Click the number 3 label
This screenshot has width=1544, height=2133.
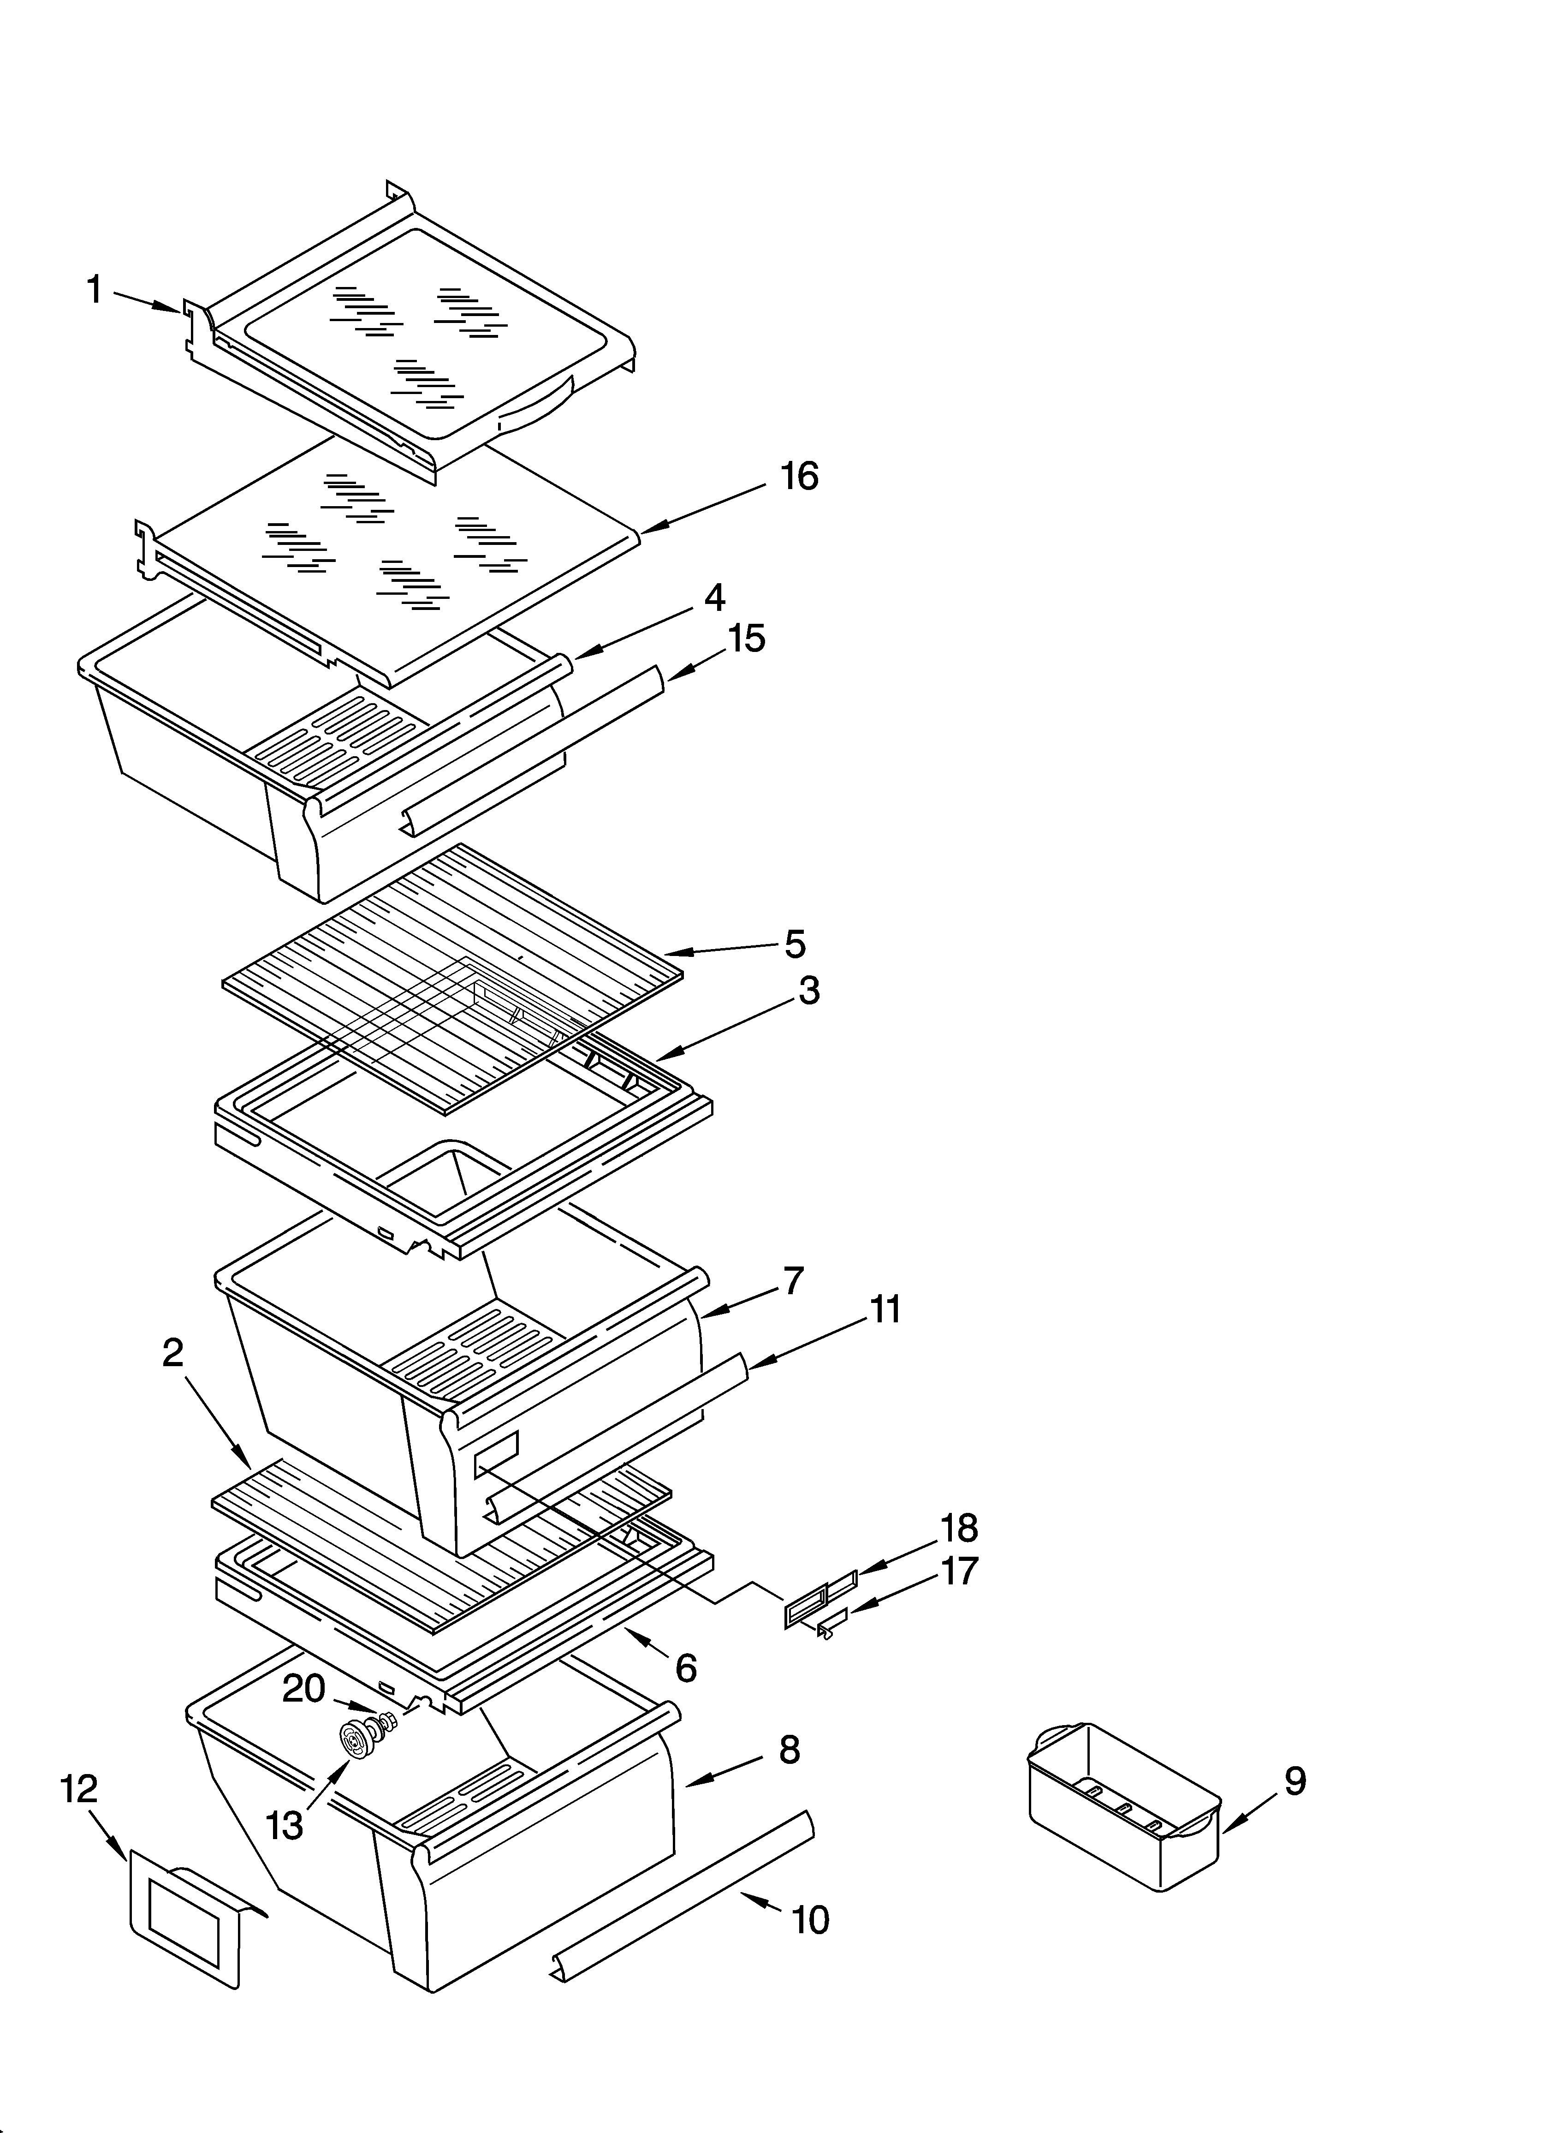809,990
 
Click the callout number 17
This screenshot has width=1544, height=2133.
959,1571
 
